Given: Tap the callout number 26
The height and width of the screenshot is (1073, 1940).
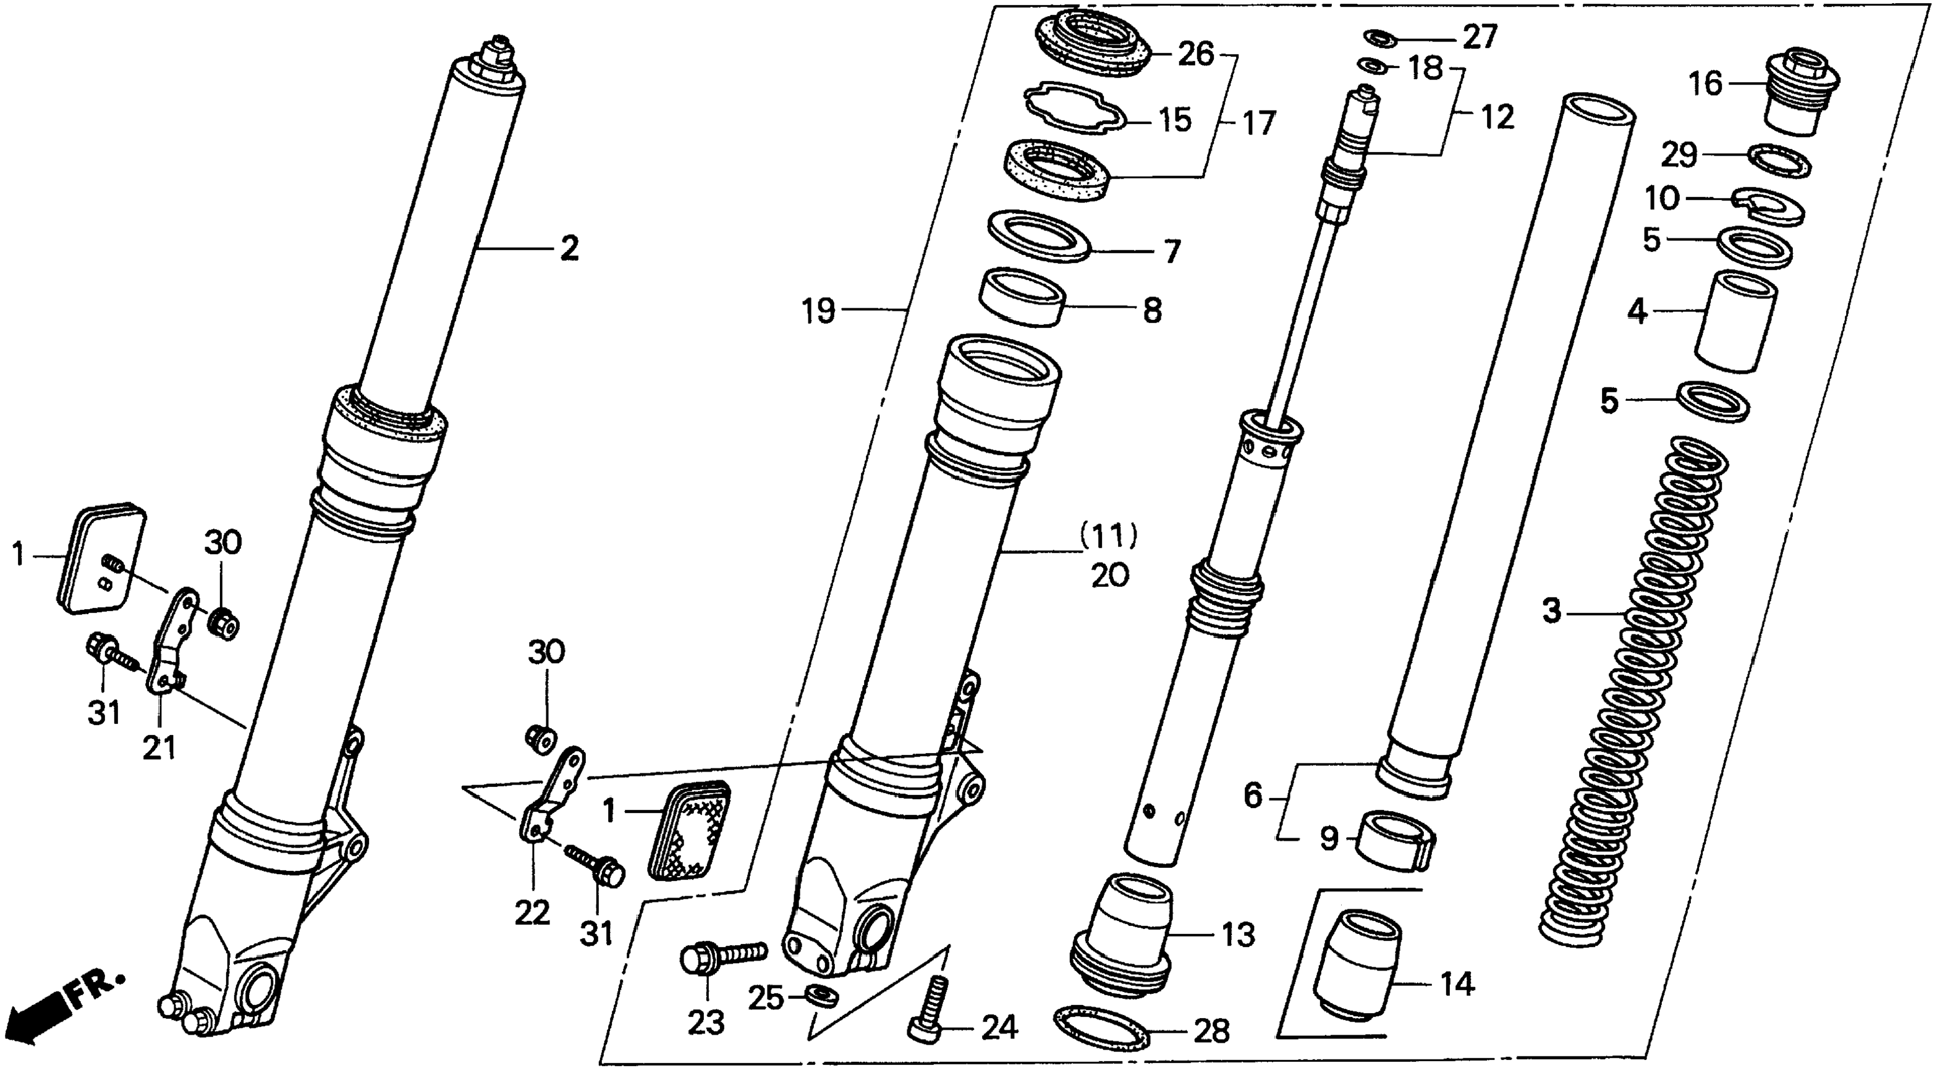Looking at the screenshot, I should (1197, 54).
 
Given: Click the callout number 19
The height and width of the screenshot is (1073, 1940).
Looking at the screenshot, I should (819, 310).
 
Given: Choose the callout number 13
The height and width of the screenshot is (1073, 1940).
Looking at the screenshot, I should (1238, 935).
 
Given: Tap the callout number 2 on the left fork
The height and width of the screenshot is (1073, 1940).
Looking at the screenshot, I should (569, 248).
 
